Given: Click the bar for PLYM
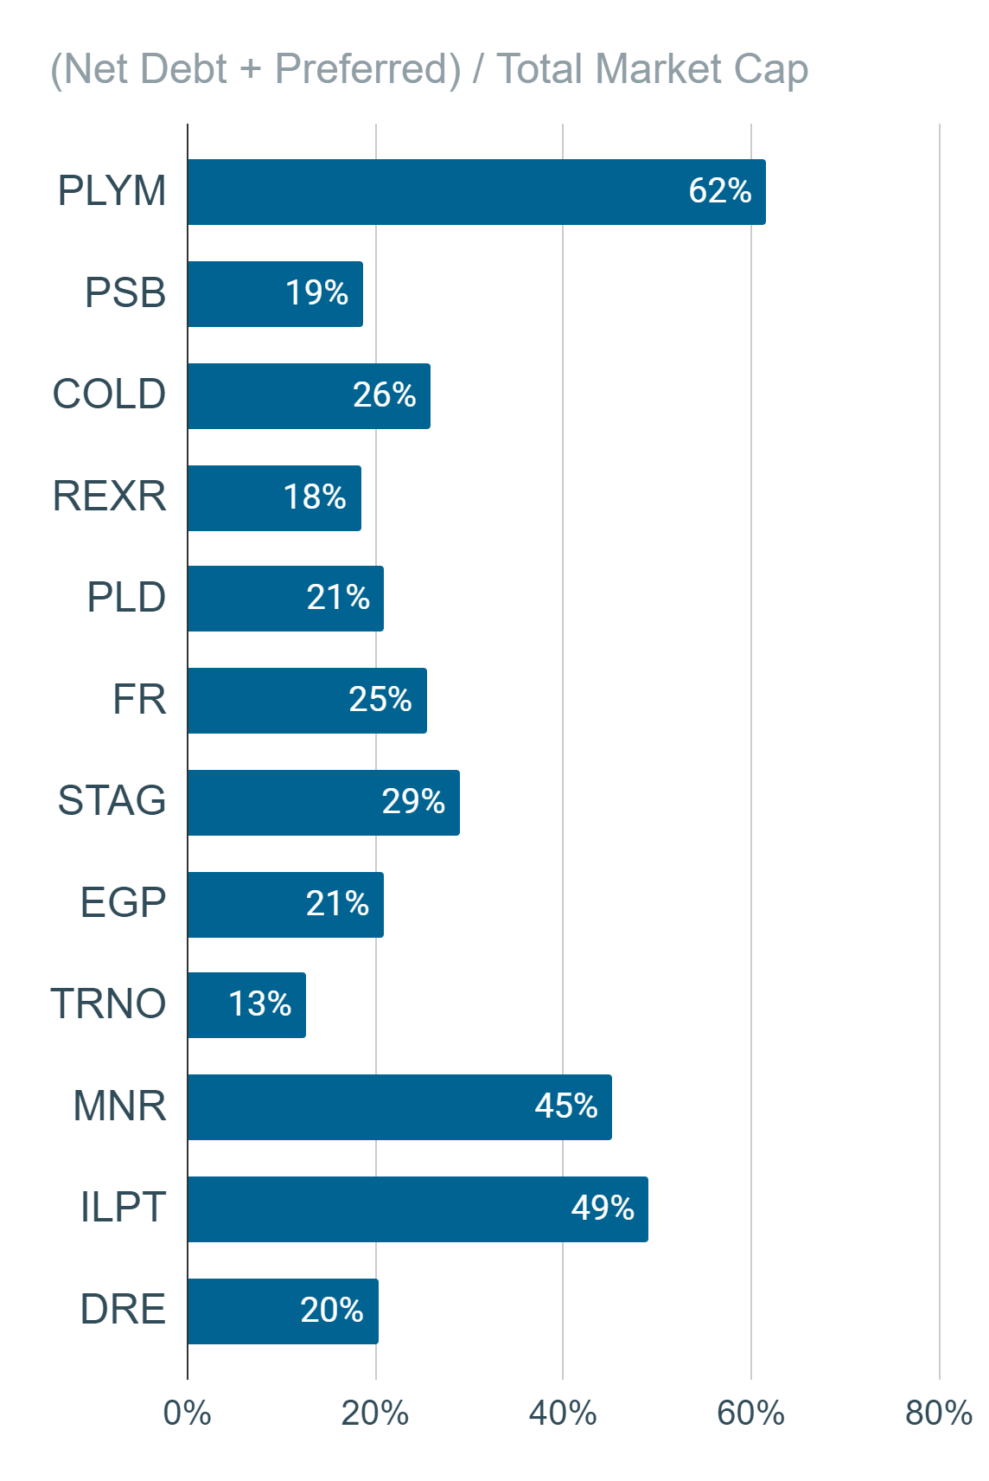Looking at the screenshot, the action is [x=476, y=192].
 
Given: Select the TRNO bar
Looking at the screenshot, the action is [x=246, y=1005].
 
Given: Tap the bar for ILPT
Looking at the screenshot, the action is [x=418, y=1209].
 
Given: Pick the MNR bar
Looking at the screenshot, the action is [x=399, y=1107].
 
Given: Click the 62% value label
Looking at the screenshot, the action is [x=719, y=190].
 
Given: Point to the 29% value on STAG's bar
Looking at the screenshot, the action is [x=413, y=801].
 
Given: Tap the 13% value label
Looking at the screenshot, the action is [x=259, y=1003].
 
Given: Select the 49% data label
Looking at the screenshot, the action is [x=603, y=1208].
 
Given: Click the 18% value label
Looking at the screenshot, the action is [x=315, y=497].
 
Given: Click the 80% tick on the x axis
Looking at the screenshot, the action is [x=939, y=1414].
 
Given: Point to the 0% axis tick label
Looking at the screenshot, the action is [x=187, y=1414].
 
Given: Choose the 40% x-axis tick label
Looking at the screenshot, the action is [x=563, y=1414].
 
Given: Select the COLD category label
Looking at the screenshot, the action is [x=109, y=394].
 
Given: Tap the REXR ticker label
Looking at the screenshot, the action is [x=109, y=496].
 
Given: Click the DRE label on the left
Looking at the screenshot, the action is [x=123, y=1309].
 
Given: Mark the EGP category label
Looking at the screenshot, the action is [x=123, y=902].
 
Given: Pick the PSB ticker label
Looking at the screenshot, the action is [x=124, y=292].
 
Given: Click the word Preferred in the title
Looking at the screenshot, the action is [x=368, y=69].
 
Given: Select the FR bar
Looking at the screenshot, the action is [x=307, y=701].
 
